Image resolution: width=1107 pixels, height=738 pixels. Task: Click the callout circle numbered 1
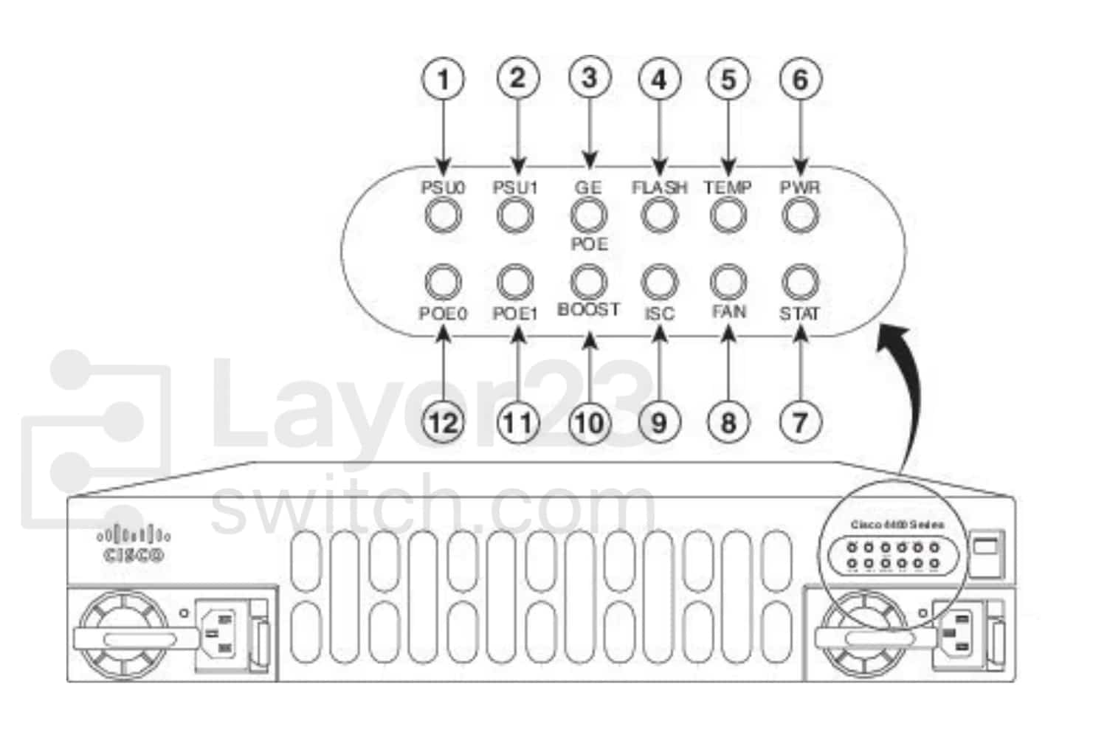(443, 79)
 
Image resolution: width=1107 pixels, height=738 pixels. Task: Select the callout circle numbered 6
(800, 79)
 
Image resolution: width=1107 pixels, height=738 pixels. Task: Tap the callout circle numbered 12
(443, 423)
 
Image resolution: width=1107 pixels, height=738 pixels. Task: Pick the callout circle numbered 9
(659, 423)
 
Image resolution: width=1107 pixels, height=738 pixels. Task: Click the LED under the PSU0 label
(443, 216)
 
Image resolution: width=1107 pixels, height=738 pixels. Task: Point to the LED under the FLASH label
(659, 216)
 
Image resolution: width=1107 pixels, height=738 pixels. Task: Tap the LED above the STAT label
(800, 282)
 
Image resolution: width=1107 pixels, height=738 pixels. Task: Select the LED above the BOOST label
(589, 282)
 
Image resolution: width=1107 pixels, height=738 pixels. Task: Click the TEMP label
(728, 187)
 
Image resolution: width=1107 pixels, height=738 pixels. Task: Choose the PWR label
(800, 187)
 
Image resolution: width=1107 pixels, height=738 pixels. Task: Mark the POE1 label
(516, 314)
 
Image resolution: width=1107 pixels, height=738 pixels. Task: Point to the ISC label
(659, 314)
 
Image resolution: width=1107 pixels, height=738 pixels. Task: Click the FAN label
(728, 312)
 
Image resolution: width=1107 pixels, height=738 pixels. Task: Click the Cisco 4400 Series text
(897, 525)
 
